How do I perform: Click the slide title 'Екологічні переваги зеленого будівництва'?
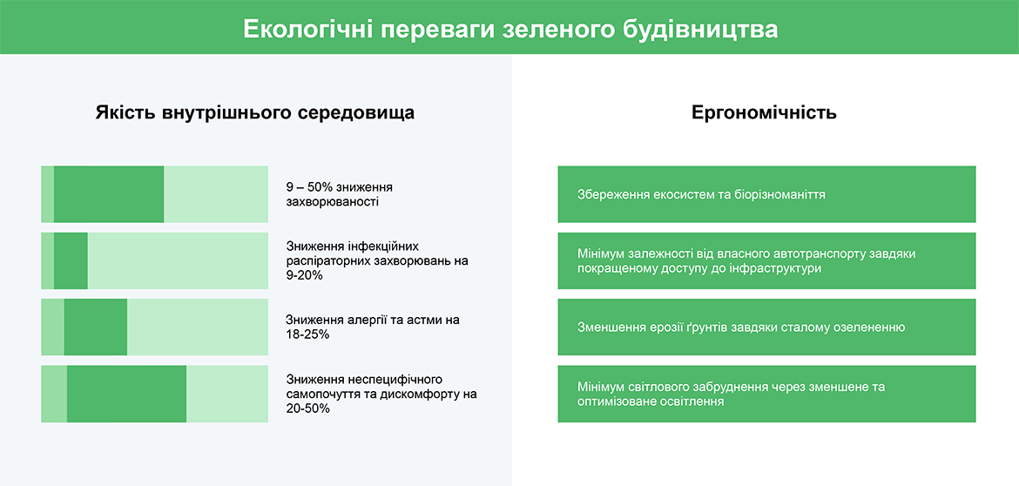[510, 30]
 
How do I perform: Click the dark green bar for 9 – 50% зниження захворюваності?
[109, 194]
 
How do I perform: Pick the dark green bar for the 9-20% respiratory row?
[71, 260]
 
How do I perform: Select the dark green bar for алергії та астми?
[96, 327]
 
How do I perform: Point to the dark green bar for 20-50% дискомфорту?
[127, 394]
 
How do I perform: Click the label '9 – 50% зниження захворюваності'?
[340, 194]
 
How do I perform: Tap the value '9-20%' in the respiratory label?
[305, 275]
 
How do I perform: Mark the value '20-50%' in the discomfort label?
[308, 408]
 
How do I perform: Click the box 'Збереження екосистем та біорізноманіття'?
[766, 194]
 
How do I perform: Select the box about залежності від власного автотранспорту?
[766, 260]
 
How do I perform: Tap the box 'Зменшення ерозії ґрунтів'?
[766, 327]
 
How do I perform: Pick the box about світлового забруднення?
[766, 394]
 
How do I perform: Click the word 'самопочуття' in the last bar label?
[321, 394]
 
